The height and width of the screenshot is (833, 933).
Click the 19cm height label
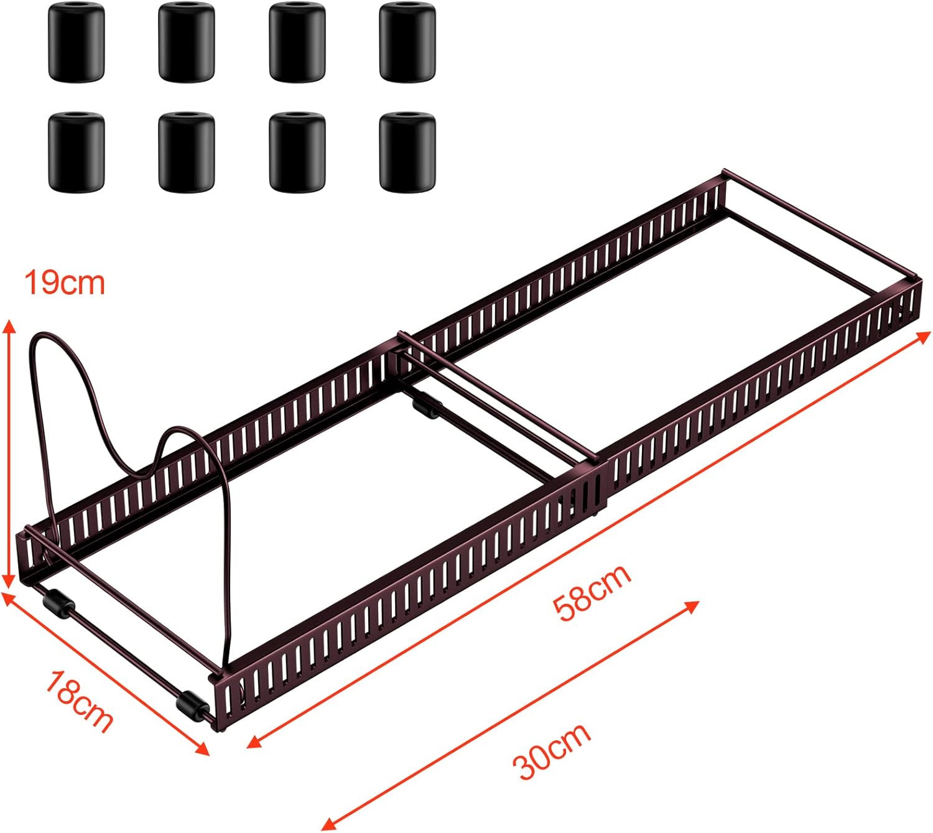click(65, 283)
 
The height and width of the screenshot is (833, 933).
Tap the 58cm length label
click(592, 590)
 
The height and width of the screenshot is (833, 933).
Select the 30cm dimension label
click(552, 751)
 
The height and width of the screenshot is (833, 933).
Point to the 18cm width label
click(79, 700)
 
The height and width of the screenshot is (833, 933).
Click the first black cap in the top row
click(76, 42)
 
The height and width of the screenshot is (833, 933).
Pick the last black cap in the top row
click(407, 42)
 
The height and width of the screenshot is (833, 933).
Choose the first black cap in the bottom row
click(76, 151)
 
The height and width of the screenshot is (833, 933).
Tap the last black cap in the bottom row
click(407, 151)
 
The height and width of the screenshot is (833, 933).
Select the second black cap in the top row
click(186, 42)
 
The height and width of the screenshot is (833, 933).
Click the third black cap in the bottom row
click(297, 151)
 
